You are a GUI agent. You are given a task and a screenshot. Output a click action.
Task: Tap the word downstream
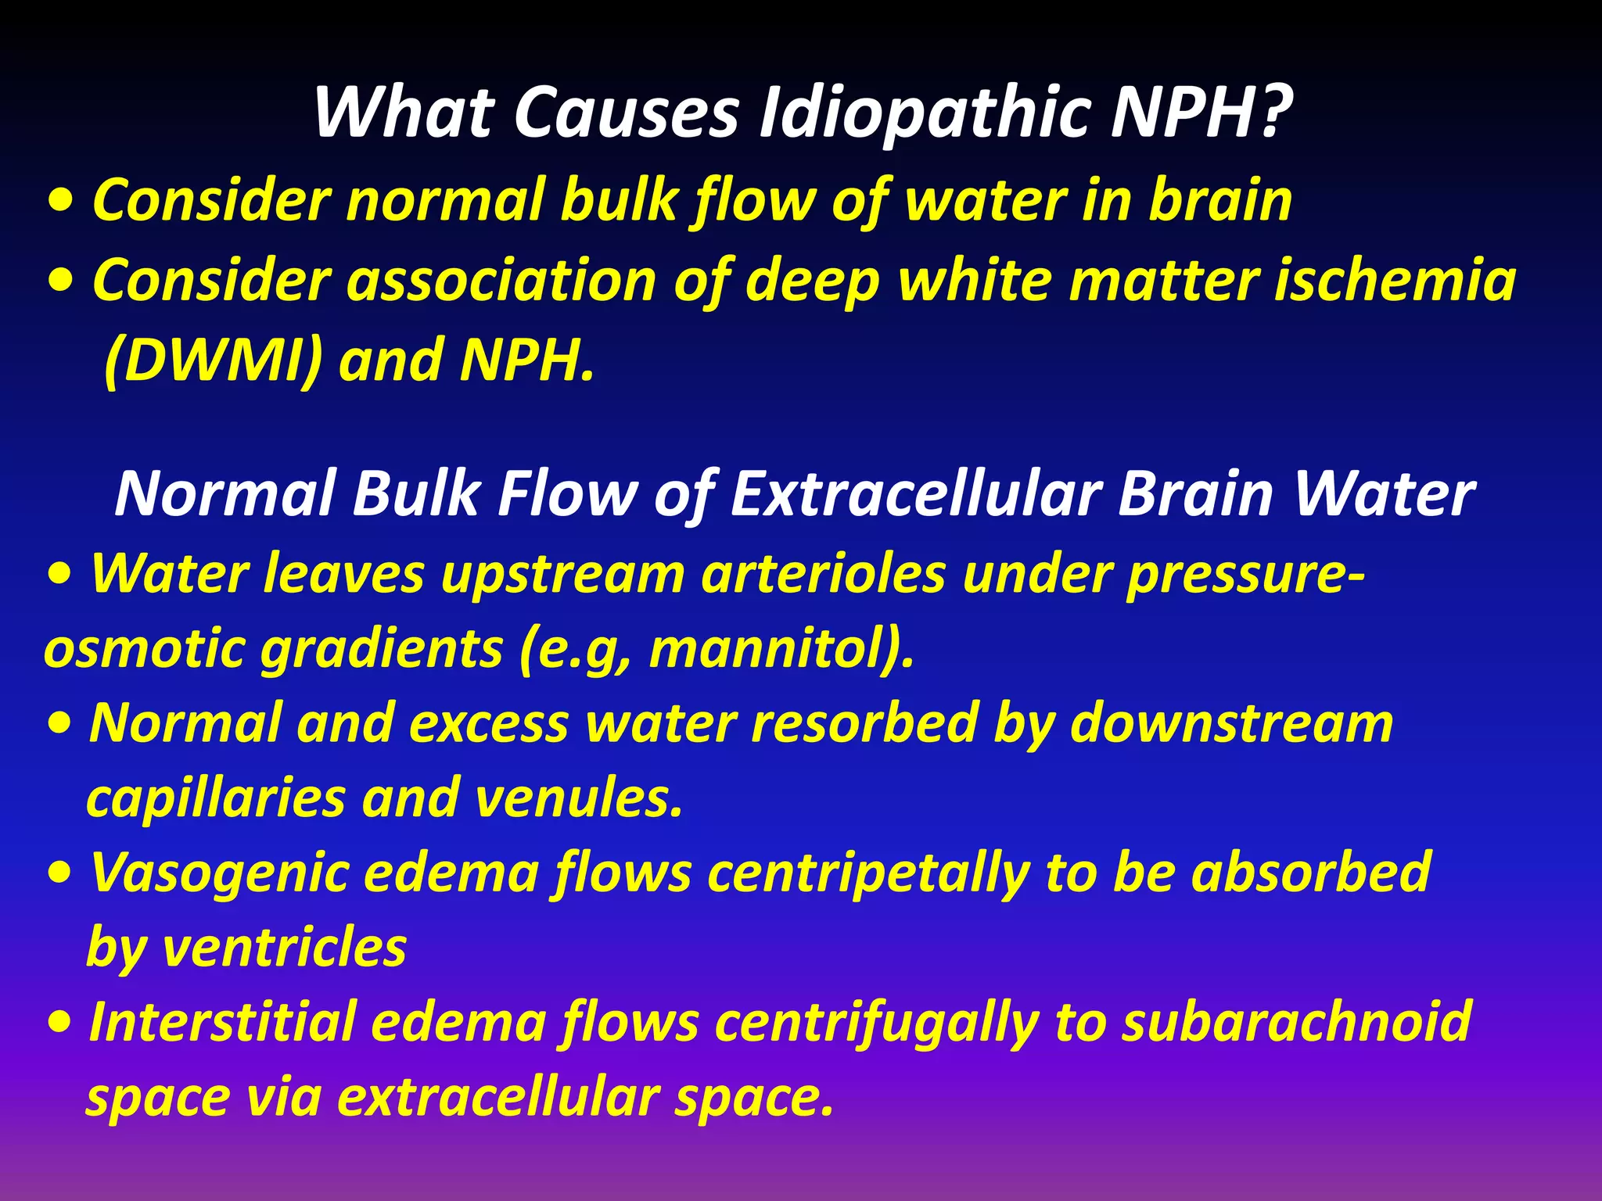pos(1231,723)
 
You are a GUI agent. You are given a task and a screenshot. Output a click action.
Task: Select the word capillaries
pos(216,799)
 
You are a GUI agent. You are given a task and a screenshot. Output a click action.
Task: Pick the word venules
pos(580,798)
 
